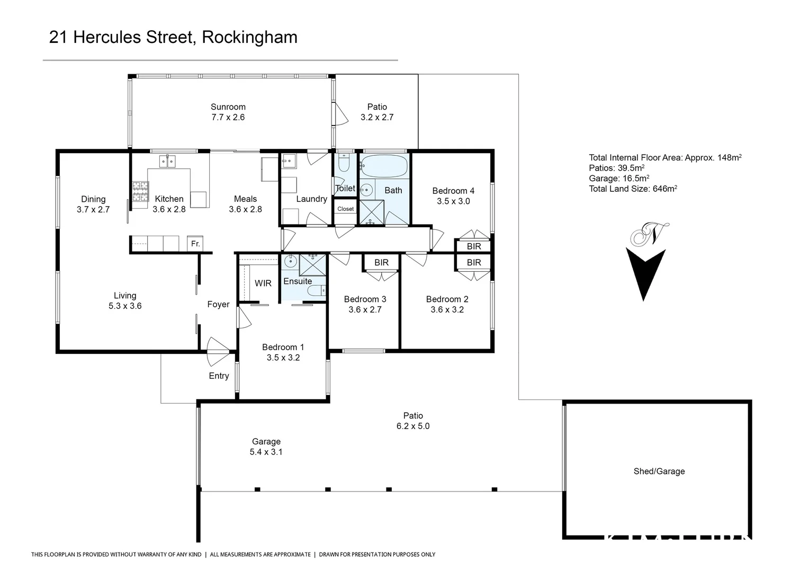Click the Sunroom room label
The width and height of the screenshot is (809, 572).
(228, 107)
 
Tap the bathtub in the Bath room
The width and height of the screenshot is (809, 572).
(384, 166)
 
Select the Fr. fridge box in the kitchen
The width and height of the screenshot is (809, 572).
(195, 244)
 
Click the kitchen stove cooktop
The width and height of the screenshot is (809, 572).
(140, 192)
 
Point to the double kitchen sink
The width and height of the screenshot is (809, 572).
(168, 161)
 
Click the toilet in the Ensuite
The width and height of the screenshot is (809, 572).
(316, 291)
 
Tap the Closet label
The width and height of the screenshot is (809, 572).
(345, 209)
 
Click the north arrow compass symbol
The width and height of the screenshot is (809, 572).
(645, 262)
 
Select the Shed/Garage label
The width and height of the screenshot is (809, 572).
(659, 471)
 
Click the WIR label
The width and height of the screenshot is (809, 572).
(263, 283)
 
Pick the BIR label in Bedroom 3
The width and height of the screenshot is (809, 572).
(381, 263)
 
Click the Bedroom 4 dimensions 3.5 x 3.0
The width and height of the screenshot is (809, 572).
(453, 201)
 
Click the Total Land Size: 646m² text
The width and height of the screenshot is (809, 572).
(633, 189)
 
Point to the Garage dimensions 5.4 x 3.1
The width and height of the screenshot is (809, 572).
(266, 452)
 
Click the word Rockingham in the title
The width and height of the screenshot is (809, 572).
(249, 37)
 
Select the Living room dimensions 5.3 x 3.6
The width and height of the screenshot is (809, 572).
(125, 306)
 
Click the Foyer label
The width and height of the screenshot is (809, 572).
(218, 305)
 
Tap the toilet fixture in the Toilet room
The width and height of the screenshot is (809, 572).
(344, 165)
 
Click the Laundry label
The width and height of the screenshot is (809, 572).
(311, 199)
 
